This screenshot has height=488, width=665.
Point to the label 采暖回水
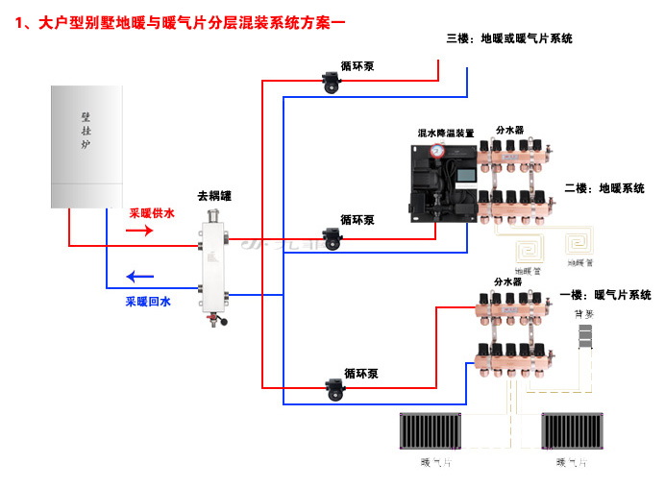point(148,302)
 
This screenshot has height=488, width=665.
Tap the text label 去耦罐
point(213,195)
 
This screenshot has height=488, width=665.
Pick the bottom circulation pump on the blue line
point(334,389)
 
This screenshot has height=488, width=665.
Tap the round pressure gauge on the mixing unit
point(437,150)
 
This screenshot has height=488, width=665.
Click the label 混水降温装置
point(445,133)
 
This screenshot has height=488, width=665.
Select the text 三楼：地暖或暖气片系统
point(509,38)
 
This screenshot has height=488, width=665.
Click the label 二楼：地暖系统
point(603,188)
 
